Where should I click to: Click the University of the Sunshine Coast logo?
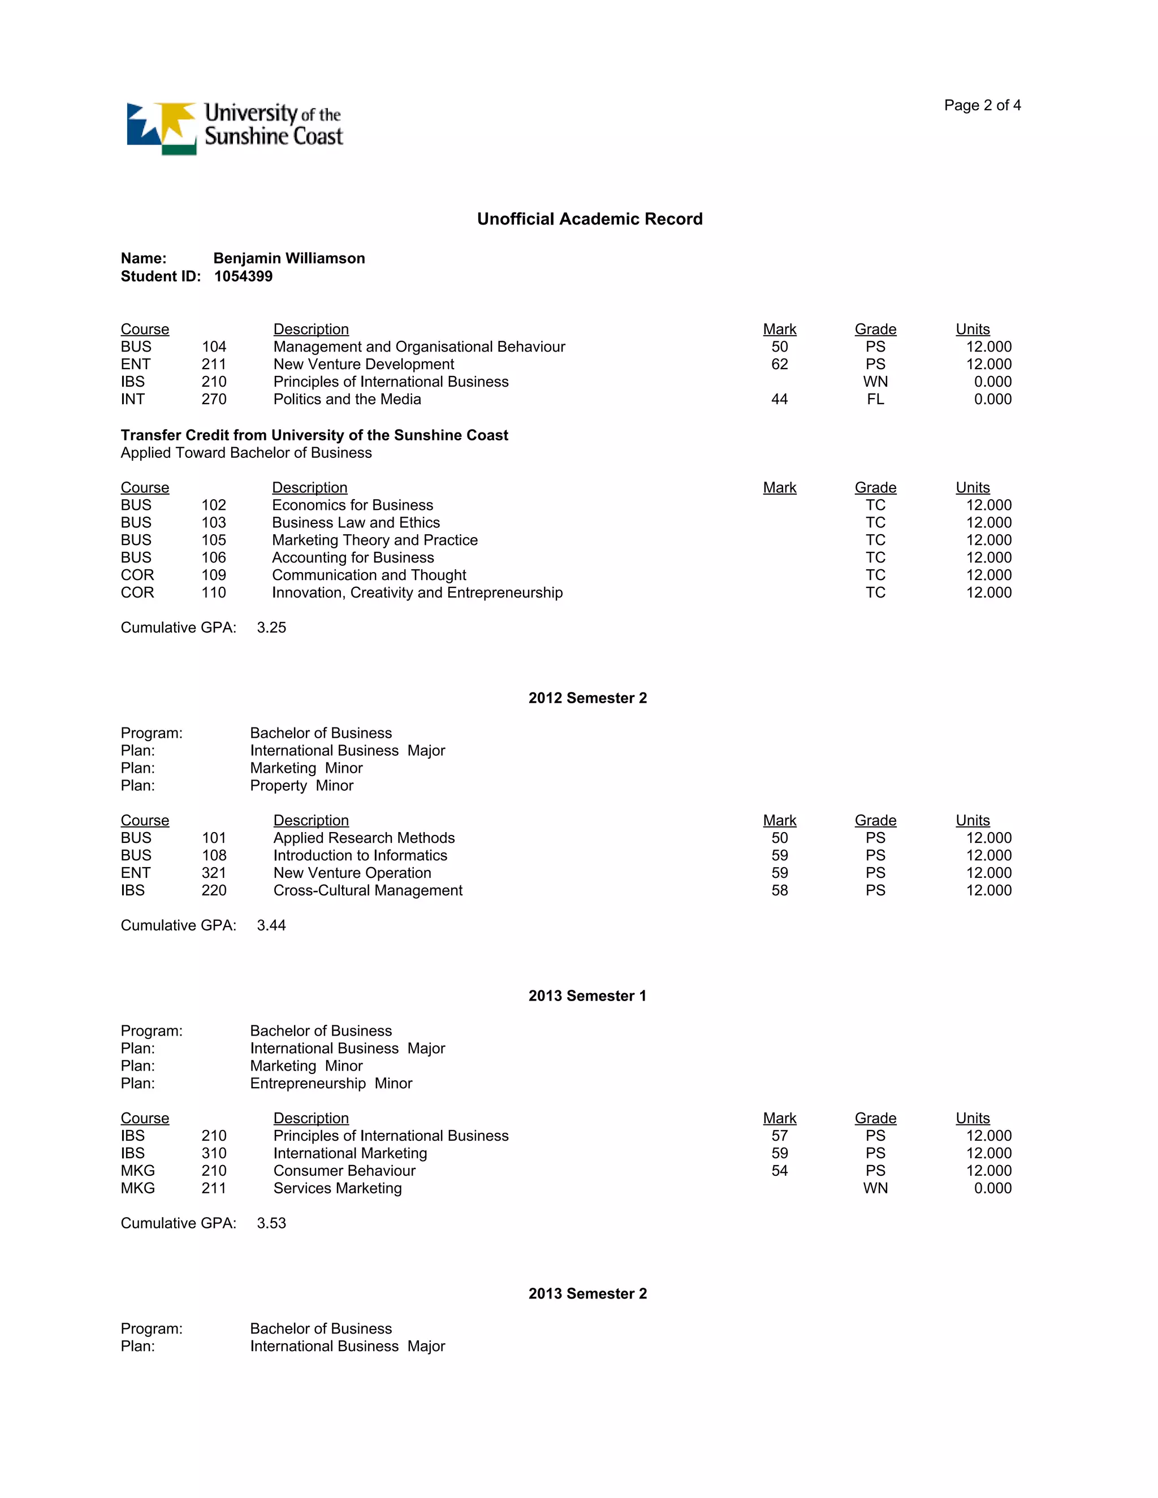(234, 128)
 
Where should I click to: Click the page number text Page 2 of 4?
(982, 105)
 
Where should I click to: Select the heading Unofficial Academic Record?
(589, 219)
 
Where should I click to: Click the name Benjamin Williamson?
(289, 258)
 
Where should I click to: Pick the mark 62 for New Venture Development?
(779, 364)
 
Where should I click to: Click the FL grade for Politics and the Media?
(875, 399)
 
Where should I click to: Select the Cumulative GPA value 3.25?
(271, 627)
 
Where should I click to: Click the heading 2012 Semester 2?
(587, 698)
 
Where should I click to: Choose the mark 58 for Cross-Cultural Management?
(779, 890)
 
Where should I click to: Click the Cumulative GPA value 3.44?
(271, 925)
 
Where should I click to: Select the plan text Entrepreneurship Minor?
(331, 1084)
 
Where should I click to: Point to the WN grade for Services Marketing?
(875, 1188)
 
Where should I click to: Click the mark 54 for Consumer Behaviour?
(779, 1171)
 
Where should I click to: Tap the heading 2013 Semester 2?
(587, 1293)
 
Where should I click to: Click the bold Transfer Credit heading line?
(314, 435)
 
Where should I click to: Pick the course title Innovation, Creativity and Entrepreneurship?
(417, 592)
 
